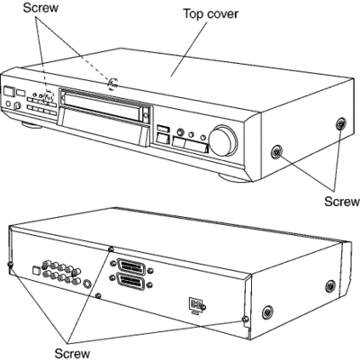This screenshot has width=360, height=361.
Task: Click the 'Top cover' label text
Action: pos(211,14)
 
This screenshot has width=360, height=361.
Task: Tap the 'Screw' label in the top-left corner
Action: pos(40,7)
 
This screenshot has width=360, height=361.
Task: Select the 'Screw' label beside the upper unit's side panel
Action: pos(342,201)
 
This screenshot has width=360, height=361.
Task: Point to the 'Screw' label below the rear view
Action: pos(72,353)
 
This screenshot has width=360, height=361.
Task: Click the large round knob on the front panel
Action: pos(223,140)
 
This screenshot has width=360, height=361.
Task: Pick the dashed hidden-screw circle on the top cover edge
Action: pos(112,83)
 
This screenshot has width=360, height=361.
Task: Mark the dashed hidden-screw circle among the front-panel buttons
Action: pos(49,96)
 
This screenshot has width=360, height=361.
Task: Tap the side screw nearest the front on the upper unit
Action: pos(276,152)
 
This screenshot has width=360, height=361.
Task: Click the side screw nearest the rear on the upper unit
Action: pos(341,123)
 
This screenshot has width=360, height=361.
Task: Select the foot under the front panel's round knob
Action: pos(234,177)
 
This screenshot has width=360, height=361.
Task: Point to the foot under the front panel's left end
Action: pos(31,125)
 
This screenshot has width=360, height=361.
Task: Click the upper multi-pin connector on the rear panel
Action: pos(131,266)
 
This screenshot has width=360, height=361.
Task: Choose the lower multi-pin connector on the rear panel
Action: pos(131,282)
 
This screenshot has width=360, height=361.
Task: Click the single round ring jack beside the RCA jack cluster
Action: pos(87,284)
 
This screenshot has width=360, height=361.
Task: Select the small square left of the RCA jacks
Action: pos(36,270)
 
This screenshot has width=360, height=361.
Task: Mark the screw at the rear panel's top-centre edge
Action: pos(111,249)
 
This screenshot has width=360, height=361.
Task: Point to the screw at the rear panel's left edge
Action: pos(10,265)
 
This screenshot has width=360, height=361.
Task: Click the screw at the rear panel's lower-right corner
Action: pos(246,319)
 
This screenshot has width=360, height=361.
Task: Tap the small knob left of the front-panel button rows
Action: pos(18,105)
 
